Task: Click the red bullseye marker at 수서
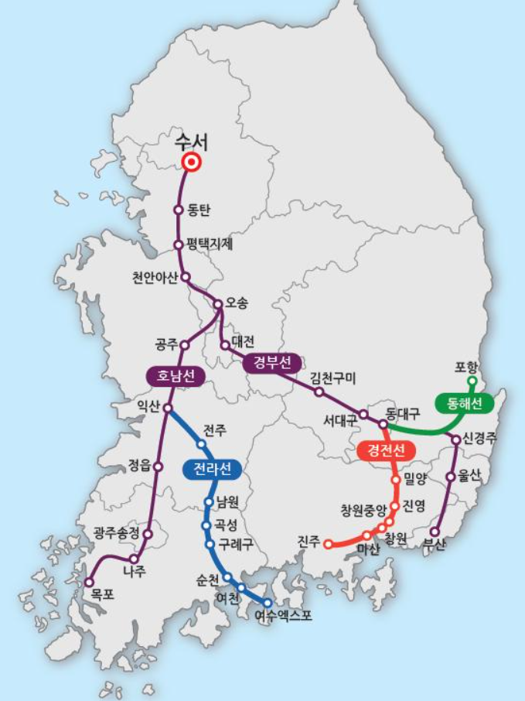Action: coord(191,162)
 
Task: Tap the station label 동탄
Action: coord(199,210)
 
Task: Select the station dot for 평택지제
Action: coord(179,244)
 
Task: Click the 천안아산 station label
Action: coord(155,277)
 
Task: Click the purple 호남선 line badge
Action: coord(176,377)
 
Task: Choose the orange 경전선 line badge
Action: coord(383,450)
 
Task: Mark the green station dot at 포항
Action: coord(472,381)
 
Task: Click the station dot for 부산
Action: coord(435,532)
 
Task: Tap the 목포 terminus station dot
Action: coord(90,582)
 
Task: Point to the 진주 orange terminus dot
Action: coord(328,544)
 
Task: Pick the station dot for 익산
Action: coord(167,408)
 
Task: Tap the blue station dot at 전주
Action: coord(202,444)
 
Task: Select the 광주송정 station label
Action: coord(116,532)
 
